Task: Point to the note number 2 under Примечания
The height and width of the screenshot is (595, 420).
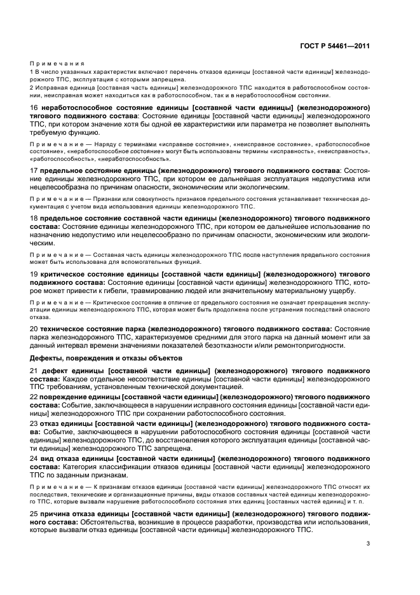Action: (x=32, y=87)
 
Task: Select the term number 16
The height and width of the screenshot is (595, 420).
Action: (x=34, y=108)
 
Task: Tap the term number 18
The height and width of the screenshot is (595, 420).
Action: (x=34, y=218)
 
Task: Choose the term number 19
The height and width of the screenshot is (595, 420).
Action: (x=34, y=274)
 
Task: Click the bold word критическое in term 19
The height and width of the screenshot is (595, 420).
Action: (x=67, y=274)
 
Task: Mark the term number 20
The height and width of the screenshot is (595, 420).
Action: (x=34, y=329)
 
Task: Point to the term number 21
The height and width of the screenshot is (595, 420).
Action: (x=34, y=371)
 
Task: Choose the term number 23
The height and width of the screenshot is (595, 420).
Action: (x=34, y=423)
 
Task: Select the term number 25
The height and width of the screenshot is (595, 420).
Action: (x=34, y=512)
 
